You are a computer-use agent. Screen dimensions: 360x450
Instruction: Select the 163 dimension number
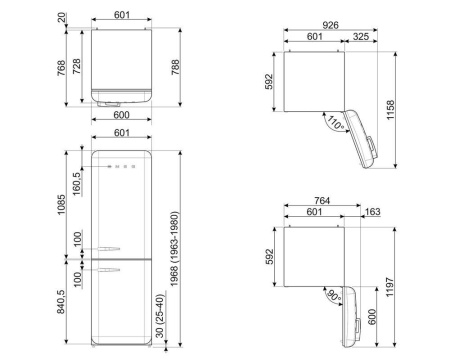[372, 212]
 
